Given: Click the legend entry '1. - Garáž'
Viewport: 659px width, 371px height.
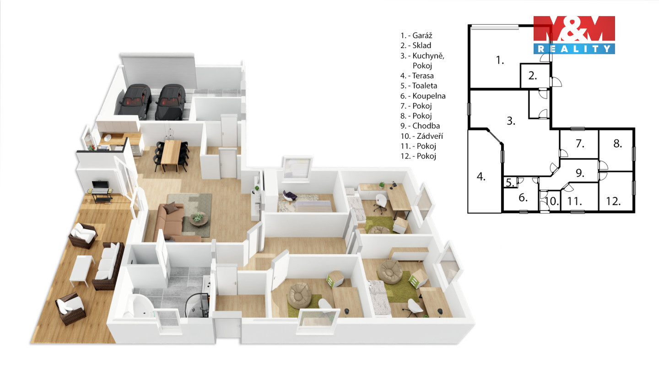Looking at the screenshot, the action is [416, 36].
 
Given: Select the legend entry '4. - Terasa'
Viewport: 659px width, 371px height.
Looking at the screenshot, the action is [417, 76].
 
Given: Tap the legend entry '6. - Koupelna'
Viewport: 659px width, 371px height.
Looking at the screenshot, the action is [423, 96].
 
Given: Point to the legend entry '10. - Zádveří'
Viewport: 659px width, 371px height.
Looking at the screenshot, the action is [421, 136].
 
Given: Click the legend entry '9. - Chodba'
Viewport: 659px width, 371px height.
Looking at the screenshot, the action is [420, 126].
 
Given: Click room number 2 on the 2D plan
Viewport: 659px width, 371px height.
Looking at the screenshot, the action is [533, 76].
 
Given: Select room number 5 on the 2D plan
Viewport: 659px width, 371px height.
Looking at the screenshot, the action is [510, 183].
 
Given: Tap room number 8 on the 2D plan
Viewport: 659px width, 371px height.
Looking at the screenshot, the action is [617, 144].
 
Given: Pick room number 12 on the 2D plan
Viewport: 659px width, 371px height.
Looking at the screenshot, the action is [613, 202].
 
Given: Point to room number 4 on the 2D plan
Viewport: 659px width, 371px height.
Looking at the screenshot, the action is [481, 177].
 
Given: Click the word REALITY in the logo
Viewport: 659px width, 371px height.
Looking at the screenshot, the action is [574, 49].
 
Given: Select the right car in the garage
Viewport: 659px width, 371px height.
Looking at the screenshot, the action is [171, 102].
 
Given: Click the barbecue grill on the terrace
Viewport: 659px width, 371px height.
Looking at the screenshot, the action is [101, 191].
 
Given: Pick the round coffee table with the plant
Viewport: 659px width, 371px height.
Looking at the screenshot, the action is [199, 219].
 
